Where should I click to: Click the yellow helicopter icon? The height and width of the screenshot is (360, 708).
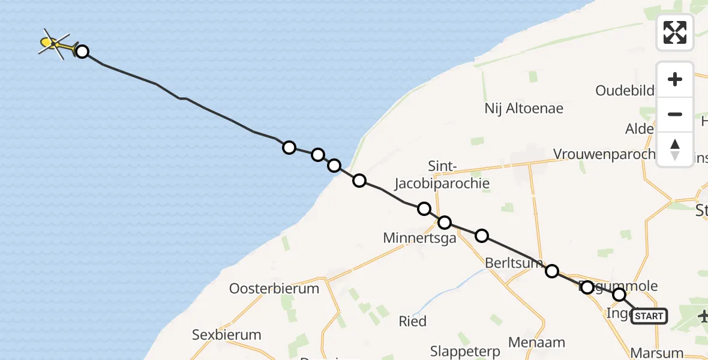click(x=52, y=43)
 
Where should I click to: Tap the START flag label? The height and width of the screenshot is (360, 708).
click(x=649, y=316)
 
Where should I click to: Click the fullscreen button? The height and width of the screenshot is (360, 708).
click(x=675, y=32)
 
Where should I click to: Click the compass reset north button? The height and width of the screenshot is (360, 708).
click(x=675, y=149)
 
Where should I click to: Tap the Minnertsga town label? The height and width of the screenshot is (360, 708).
click(x=419, y=238)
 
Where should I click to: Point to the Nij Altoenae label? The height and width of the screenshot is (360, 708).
click(x=524, y=109)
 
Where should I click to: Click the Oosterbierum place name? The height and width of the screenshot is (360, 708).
click(x=274, y=289)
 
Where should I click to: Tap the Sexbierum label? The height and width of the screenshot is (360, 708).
click(x=227, y=335)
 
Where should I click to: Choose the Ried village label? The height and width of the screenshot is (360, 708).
click(x=413, y=321)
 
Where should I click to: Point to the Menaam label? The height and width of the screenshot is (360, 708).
click(x=536, y=343)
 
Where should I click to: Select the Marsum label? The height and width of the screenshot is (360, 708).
click(x=657, y=353)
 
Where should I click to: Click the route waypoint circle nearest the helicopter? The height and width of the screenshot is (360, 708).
click(x=82, y=52)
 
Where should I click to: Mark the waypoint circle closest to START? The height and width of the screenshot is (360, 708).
click(x=619, y=295)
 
